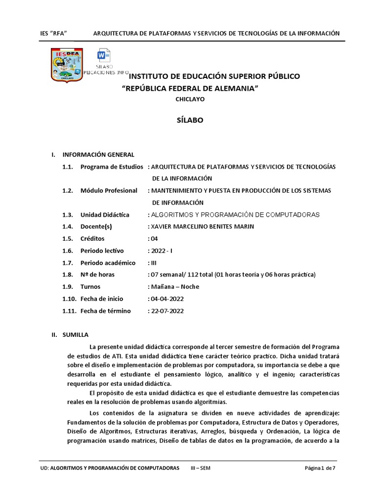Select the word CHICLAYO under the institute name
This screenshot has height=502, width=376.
pyautogui.click(x=190, y=99)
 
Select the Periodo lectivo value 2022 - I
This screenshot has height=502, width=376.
pyautogui.click(x=160, y=251)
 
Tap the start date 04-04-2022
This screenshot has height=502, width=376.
pyautogui.click(x=167, y=299)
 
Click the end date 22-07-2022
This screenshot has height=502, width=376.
pyautogui.click(x=167, y=310)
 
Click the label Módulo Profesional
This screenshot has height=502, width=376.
pyautogui.click(x=109, y=190)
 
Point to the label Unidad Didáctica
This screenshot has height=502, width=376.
pyautogui.click(x=105, y=215)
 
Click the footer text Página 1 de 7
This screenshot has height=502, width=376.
pyautogui.click(x=320, y=468)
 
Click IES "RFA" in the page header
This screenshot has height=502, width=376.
pyautogui.click(x=53, y=33)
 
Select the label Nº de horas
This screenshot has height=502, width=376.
pyautogui.click(x=97, y=275)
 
